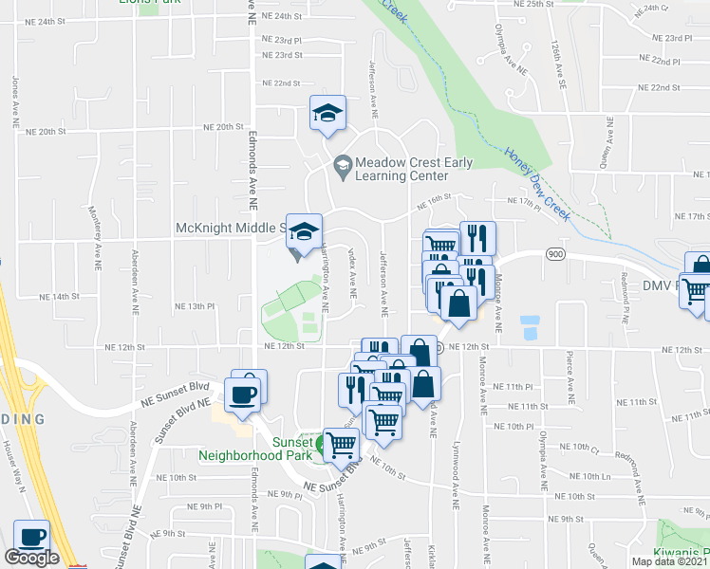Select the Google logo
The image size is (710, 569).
tap(32, 559)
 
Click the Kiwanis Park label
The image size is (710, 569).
tap(679, 553)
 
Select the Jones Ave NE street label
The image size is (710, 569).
tap(16, 101)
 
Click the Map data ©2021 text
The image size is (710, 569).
tap(670, 561)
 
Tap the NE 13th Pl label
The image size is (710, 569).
tap(196, 306)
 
